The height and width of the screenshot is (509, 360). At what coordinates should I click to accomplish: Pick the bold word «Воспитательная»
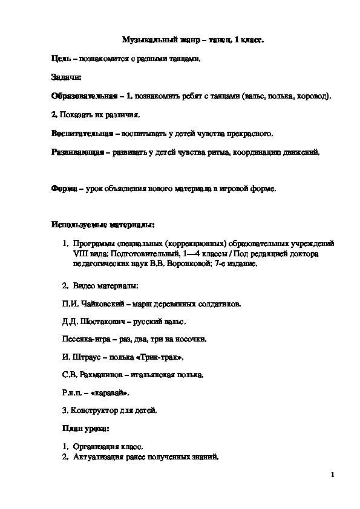(82, 133)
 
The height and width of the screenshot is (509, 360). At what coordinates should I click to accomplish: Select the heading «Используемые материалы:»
(103, 225)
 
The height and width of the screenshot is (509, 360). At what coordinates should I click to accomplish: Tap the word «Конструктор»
(95, 410)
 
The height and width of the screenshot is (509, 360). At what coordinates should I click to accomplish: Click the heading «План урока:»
(85, 429)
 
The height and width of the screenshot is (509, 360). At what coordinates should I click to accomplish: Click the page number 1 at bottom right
(333, 475)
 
